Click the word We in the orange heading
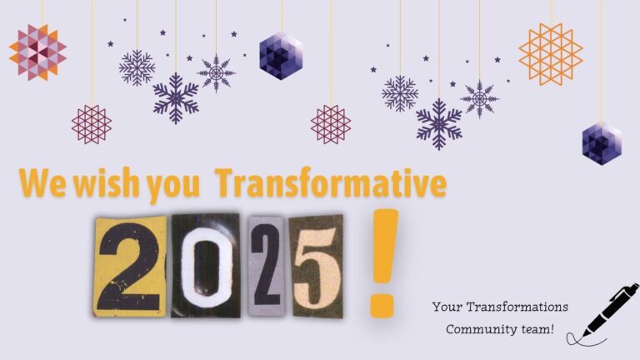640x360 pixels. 42,182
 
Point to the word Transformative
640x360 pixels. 331,182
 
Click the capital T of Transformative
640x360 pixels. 227,183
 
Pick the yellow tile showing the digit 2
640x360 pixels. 131,267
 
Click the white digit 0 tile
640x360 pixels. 205,266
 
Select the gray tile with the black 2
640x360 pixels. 266,267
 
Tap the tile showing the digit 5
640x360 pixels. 317,267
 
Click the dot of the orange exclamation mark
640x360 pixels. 382,304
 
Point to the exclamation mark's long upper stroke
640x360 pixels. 385,246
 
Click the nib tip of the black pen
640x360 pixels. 583,337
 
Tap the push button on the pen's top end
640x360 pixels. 635,287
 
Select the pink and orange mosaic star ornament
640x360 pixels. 37,52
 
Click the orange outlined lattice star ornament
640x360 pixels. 551,54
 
